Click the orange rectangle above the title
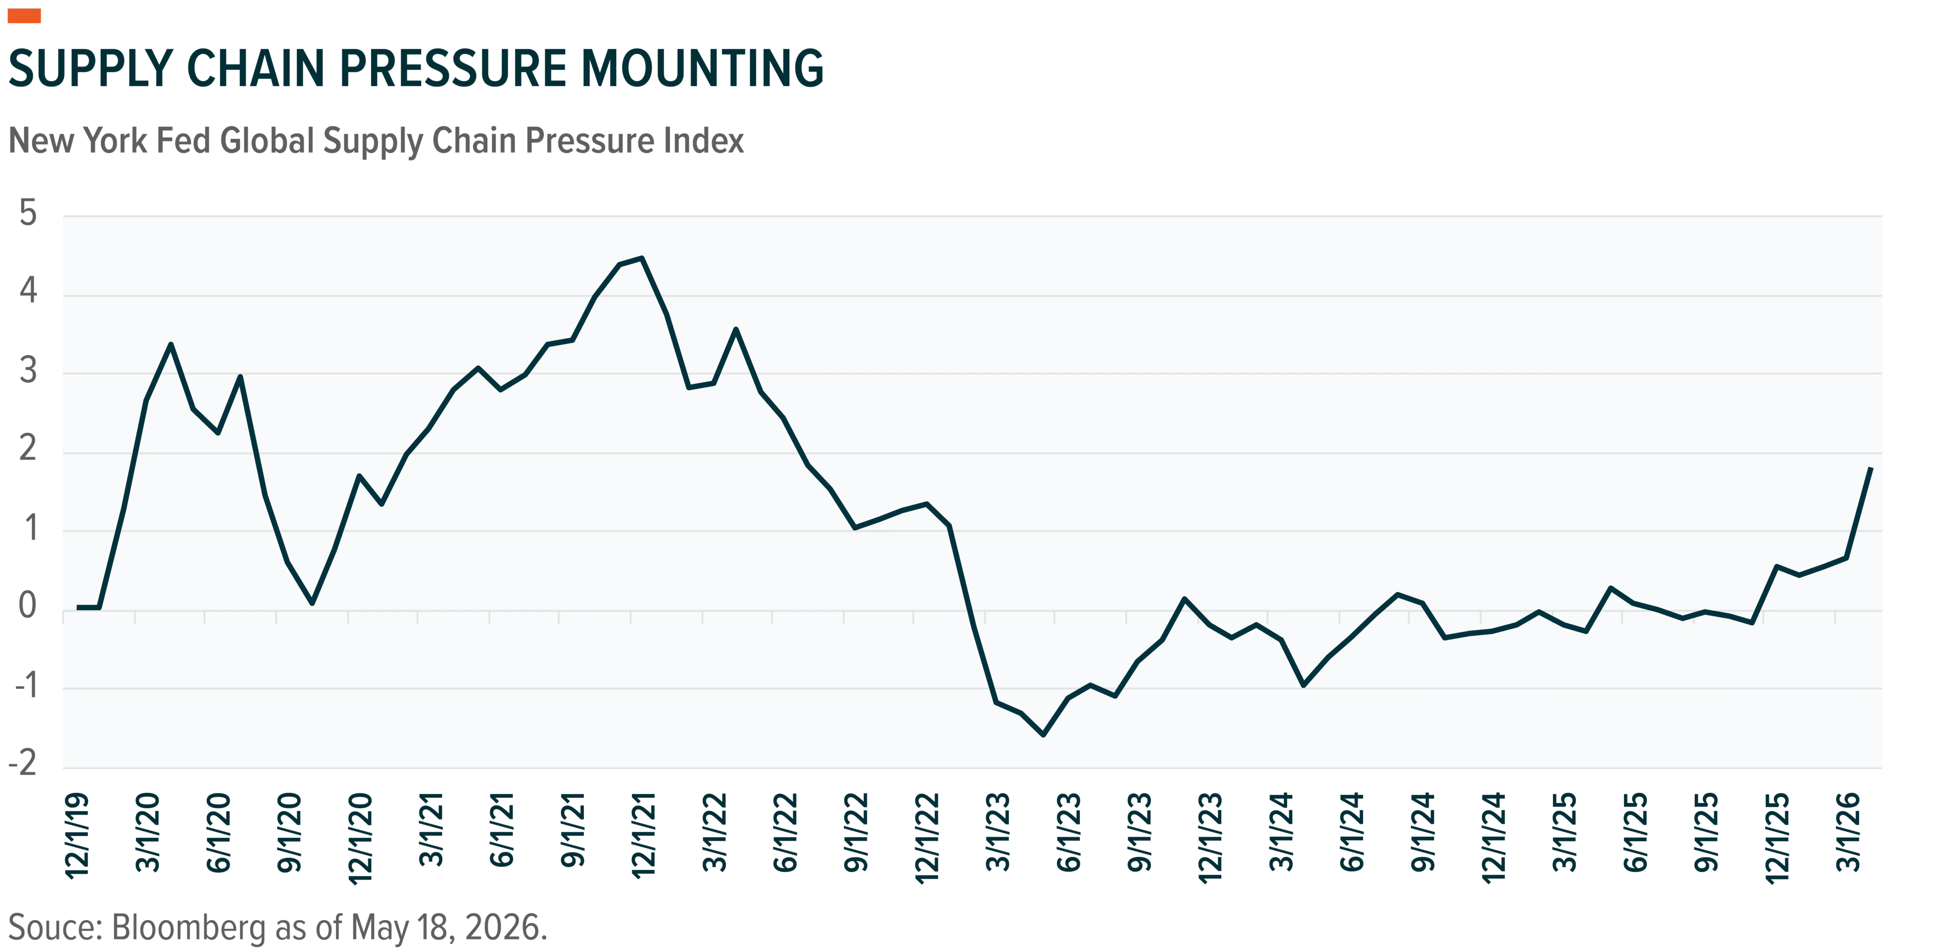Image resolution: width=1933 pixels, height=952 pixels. (x=24, y=16)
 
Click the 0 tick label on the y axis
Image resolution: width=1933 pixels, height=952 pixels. (x=28, y=605)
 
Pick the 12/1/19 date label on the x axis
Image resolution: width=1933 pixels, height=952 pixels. (x=78, y=836)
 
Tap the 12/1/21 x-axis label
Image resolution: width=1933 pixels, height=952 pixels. (x=644, y=836)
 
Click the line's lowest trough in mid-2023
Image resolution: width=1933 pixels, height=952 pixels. (x=1043, y=735)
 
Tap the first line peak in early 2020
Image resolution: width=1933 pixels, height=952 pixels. (x=171, y=344)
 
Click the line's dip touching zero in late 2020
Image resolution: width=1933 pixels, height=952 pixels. (x=312, y=603)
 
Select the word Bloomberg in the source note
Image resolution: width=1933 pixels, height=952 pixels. (x=188, y=928)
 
